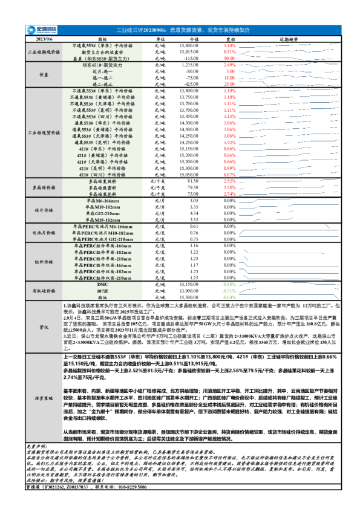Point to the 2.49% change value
click(x=229, y=64)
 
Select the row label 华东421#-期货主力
click(x=106, y=64)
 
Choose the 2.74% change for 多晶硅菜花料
click(x=229, y=193)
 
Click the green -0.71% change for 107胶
click(x=229, y=291)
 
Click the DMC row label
click(x=102, y=284)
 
